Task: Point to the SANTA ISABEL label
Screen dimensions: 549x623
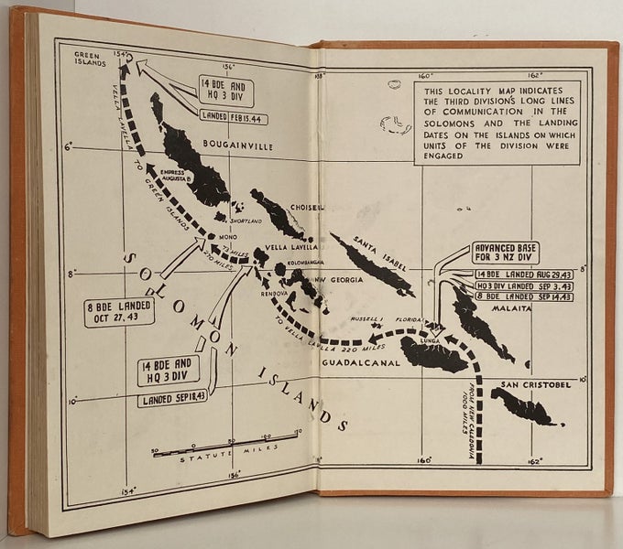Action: pyautogui.click(x=373, y=241)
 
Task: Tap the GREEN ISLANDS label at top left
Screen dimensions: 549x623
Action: pyautogui.click(x=92, y=59)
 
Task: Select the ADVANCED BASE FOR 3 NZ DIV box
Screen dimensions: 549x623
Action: pyautogui.click(x=505, y=253)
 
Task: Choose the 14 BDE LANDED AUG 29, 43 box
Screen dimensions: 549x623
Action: pyautogui.click(x=512, y=274)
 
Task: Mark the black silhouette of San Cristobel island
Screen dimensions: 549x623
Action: pyautogui.click(x=522, y=405)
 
